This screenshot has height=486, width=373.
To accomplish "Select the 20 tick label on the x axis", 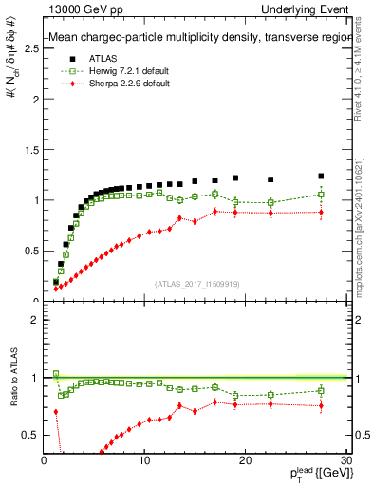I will tap(245, 461).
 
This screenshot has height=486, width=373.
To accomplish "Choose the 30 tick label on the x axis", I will tap(345, 461).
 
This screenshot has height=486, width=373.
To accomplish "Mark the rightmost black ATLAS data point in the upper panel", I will tap(321, 177).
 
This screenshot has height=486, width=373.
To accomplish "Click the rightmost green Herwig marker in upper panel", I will tap(321, 195).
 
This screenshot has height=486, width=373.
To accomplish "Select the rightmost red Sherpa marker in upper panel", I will tap(321, 213).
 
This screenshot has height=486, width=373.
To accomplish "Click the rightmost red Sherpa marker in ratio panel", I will tap(321, 406).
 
